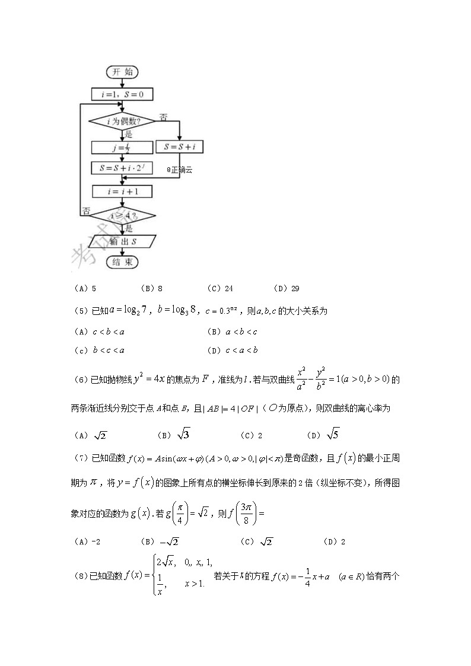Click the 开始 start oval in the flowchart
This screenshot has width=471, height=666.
coord(122,72)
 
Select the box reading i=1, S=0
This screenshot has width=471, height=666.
coord(122,94)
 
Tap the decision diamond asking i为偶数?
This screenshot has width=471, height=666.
coord(122,121)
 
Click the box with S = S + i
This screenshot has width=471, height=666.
coord(179,146)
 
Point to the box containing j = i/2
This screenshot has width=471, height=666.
coord(122,147)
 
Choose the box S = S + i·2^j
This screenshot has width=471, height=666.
coord(122,168)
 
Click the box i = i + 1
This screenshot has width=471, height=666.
coord(122,192)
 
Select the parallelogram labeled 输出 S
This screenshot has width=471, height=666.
coord(122,241)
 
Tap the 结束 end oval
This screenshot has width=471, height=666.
coord(122,262)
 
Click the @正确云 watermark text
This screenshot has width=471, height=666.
coord(180,170)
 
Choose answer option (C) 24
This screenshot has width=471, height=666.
coord(220,289)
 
